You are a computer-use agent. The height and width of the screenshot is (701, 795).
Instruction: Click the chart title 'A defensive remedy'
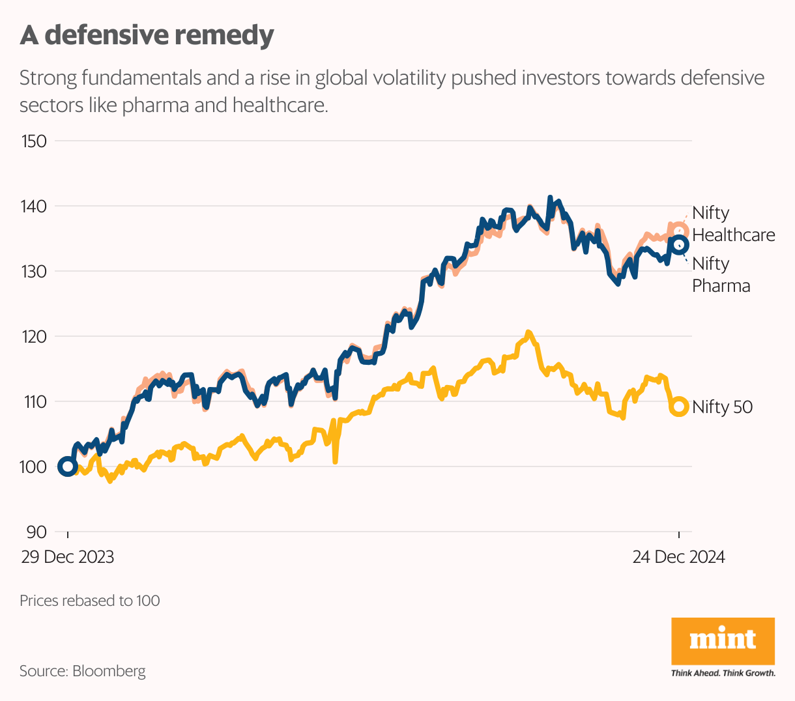pos(147,35)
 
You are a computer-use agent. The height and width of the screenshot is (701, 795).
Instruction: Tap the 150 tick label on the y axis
pos(34,141)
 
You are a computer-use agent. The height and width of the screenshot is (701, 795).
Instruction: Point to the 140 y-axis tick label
pos(34,207)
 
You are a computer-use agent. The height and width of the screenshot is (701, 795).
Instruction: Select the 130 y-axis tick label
pos(34,271)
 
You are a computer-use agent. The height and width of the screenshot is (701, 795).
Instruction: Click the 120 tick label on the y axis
pos(34,337)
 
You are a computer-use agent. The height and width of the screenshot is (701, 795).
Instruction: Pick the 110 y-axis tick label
pos(34,402)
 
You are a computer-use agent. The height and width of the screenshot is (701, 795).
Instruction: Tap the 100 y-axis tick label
pos(34,467)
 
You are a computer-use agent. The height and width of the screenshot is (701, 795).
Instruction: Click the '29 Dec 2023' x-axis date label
pos(67,558)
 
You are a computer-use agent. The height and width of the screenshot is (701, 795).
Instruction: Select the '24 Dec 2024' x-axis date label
pos(678,558)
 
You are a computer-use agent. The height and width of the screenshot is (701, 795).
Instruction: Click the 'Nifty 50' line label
pos(722,407)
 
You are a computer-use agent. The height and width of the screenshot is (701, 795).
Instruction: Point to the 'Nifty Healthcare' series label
pos(733,224)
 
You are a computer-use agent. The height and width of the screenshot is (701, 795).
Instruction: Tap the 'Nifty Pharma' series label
pos(721,275)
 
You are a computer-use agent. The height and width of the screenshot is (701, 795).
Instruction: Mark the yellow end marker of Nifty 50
pos(679,407)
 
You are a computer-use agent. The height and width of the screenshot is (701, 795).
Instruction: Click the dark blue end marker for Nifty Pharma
pos(679,244)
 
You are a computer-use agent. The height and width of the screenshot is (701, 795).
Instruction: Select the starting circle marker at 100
pos(67,466)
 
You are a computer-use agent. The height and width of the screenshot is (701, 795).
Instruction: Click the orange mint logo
pos(723,641)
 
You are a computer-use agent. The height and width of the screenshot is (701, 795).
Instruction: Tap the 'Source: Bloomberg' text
pos(83,671)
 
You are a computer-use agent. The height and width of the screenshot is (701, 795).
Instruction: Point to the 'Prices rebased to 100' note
pos(90,601)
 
